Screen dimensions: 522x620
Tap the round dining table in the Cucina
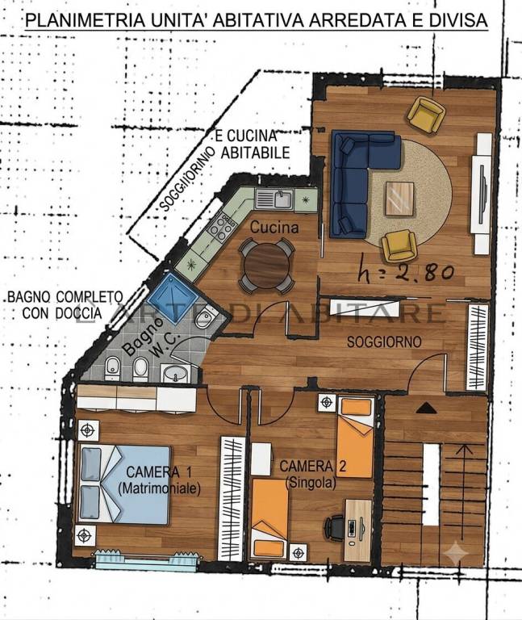267,266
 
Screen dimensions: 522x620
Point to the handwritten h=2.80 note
404,271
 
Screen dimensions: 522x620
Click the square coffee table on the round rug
399,199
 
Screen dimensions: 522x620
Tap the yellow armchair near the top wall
426,115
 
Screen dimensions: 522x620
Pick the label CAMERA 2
312,466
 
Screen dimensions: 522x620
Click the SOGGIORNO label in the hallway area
384,341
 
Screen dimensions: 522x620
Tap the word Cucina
274,228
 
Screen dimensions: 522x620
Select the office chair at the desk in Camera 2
335,527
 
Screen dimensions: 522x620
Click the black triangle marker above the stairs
426,408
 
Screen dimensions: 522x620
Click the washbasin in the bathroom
177,373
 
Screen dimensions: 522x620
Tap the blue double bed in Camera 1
125,484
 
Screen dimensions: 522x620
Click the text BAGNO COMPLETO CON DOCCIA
65,304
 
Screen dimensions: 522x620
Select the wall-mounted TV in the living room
482,194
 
